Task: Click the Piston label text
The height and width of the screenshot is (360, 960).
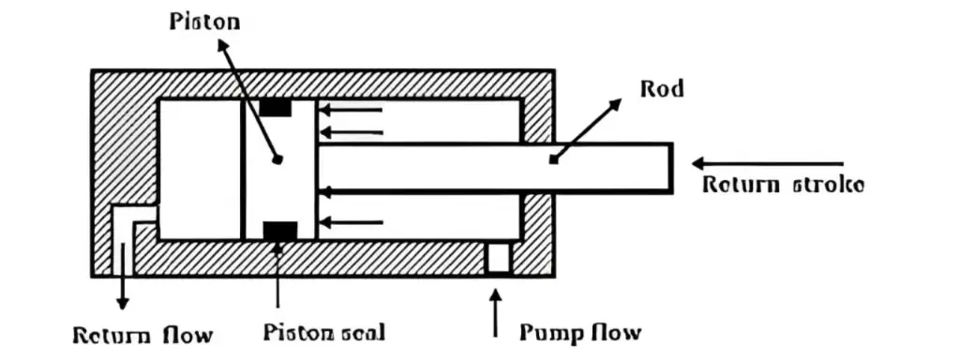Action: (x=204, y=21)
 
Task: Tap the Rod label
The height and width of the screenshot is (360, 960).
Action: (x=662, y=89)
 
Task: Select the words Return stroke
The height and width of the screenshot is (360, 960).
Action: (x=783, y=185)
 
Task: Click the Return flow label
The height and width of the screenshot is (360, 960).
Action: (x=143, y=335)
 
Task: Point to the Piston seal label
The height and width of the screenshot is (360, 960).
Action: (x=323, y=333)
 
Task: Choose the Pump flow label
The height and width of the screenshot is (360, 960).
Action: (x=580, y=333)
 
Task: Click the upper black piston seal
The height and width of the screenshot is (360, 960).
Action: (x=276, y=108)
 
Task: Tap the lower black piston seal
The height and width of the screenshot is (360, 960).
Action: (x=279, y=231)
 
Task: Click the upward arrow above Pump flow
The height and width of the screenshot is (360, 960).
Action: (x=497, y=313)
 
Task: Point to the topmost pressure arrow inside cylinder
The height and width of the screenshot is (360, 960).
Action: (x=351, y=110)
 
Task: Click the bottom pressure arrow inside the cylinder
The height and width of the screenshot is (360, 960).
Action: (x=351, y=222)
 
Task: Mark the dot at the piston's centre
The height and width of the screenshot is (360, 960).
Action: (x=277, y=160)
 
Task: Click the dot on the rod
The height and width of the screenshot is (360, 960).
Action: (x=553, y=160)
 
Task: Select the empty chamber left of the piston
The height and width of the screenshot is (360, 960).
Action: (x=200, y=169)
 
